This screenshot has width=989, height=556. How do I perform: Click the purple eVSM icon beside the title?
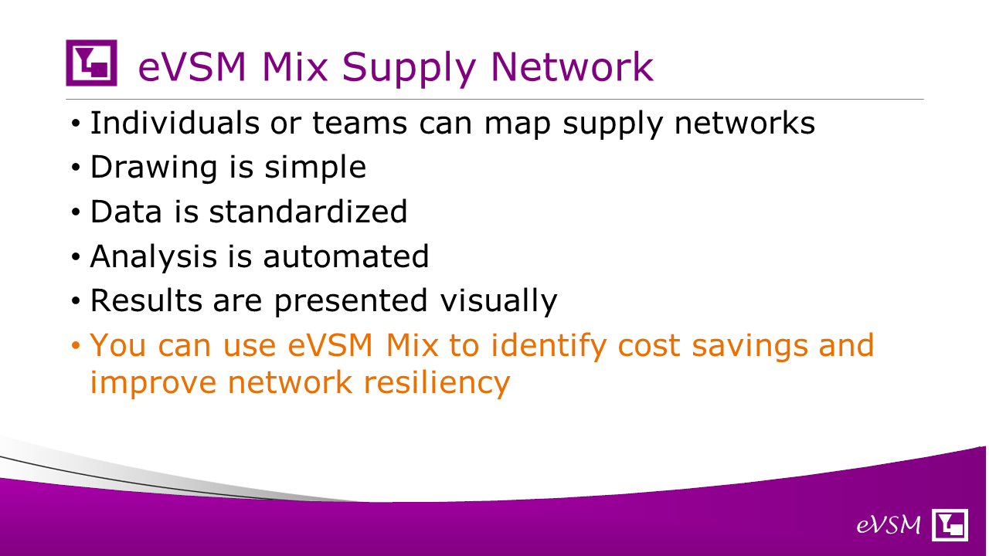coord(91,63)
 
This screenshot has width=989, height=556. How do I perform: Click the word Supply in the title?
coord(409,69)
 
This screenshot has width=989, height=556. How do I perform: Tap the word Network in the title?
coord(573,67)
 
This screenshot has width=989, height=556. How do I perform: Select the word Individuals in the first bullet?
coord(175,123)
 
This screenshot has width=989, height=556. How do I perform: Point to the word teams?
coord(359,124)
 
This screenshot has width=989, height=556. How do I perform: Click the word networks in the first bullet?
coord(744,123)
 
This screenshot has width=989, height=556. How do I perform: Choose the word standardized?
coord(308,212)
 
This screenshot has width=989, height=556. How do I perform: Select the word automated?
coord(345,256)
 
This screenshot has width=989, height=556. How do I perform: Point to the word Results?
coord(146,300)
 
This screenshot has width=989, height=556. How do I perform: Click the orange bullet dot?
coord(76,345)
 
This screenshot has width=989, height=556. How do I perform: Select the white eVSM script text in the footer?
coord(889,525)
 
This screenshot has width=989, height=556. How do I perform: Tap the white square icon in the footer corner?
coord(950,524)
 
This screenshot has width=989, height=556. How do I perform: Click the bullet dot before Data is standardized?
coord(76,212)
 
